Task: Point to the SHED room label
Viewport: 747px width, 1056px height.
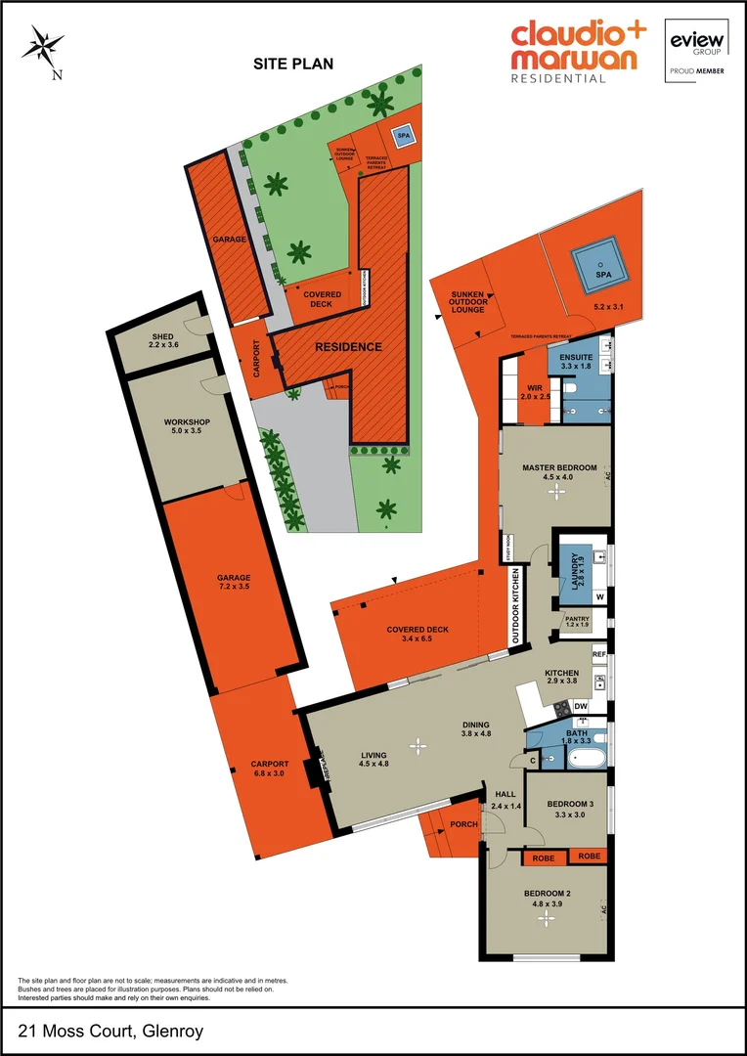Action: point(161,339)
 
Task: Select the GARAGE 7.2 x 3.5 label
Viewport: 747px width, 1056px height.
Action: point(235,583)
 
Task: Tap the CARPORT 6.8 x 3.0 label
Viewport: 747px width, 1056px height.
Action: point(268,769)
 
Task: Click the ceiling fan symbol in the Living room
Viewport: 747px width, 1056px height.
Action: point(418,746)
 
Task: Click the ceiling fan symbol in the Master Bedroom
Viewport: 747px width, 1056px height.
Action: point(556,493)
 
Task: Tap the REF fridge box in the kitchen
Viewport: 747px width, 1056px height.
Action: point(598,653)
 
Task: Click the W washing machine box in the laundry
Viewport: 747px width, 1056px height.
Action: point(599,596)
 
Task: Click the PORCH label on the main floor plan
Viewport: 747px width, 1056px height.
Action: point(463,824)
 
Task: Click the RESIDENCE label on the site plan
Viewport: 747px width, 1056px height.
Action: point(347,347)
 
